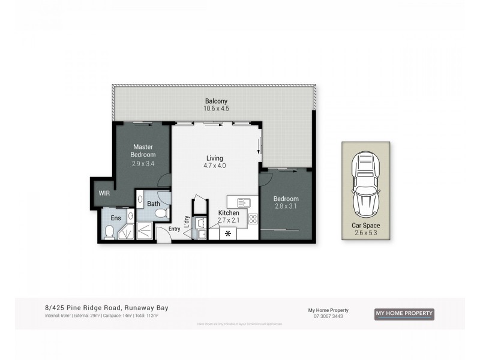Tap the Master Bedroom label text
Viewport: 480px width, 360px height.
point(144,151)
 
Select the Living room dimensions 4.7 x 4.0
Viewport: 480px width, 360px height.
point(215,166)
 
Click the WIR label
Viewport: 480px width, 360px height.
point(104,193)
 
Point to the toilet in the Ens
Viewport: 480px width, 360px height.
point(109,232)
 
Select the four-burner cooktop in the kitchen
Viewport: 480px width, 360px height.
point(253,218)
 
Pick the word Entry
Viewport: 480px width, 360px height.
point(175,229)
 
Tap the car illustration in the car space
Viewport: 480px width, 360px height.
point(365,184)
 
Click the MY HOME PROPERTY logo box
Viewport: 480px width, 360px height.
point(404,314)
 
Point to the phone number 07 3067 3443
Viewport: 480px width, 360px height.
point(328,316)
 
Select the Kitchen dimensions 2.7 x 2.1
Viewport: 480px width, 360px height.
point(228,221)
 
